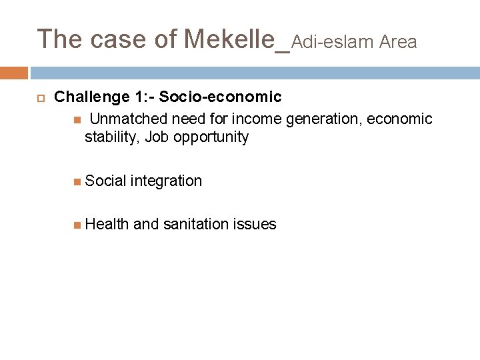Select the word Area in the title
point(398,43)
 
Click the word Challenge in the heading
point(91,97)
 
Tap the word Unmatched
point(129,119)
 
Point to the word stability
point(110,137)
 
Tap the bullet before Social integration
point(77,181)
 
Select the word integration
point(167,181)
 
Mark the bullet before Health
point(77,224)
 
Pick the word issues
point(255,224)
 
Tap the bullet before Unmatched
point(77,119)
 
